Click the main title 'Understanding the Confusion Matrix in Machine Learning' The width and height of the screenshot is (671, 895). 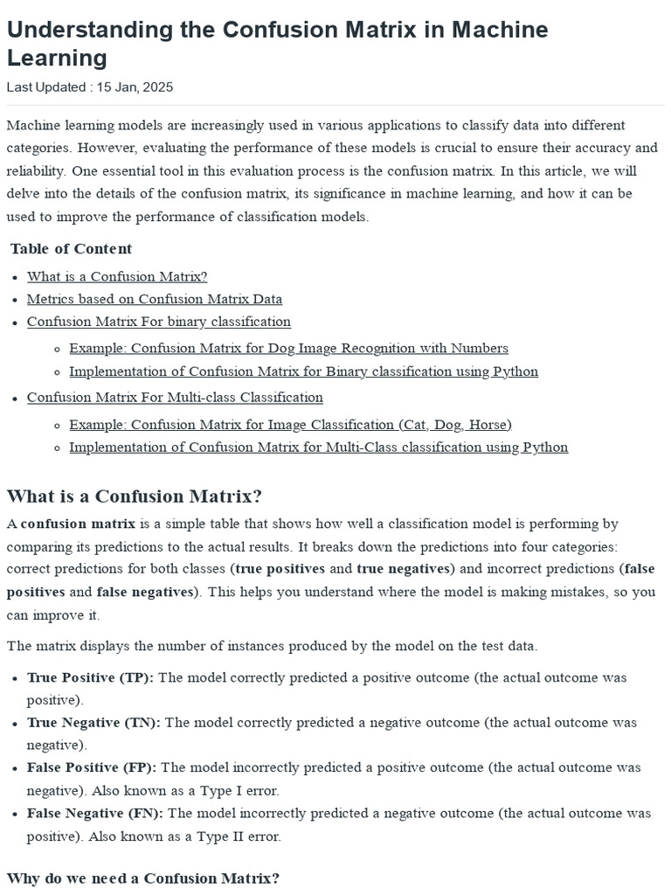click(277, 43)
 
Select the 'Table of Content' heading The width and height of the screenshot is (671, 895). click(71, 249)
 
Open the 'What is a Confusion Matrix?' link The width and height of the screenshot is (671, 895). click(117, 276)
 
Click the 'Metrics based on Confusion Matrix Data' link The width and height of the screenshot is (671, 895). click(155, 299)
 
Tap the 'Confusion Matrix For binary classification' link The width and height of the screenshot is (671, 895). click(159, 322)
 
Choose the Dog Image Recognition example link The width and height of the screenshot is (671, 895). click(288, 348)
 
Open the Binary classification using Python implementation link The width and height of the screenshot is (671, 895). click(303, 371)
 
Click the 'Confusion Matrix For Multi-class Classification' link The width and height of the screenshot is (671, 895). click(175, 398)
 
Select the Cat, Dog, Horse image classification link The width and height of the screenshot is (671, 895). click(290, 425)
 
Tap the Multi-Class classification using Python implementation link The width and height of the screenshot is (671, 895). click(318, 447)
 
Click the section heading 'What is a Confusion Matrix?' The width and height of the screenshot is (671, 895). click(134, 496)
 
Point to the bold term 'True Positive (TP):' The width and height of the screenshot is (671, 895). click(90, 677)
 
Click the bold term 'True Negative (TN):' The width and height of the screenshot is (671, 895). click(93, 723)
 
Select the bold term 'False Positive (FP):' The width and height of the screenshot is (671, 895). click(92, 767)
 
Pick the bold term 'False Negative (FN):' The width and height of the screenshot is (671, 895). click(94, 813)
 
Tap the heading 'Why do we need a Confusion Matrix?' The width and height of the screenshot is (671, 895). click(142, 878)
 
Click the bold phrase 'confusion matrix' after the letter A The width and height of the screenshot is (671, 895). click(78, 524)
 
